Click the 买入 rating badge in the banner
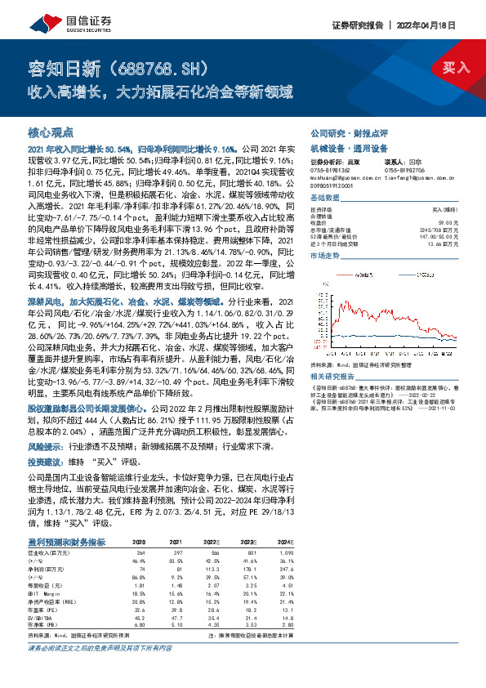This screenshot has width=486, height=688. point(457,66)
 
